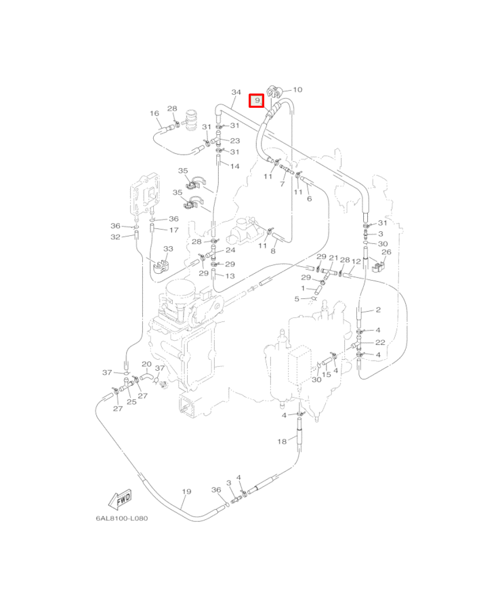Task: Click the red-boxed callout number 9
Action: pos(256,101)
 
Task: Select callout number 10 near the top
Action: pos(297,89)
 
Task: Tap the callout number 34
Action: pos(236,92)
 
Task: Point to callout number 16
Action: pos(154,113)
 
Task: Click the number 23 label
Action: pos(234,141)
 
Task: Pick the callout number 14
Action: pos(234,166)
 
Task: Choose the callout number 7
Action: pos(282,184)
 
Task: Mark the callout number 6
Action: pos(309,199)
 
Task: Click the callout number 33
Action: pos(168,249)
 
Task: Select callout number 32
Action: pos(116,237)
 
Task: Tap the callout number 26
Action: pos(386,252)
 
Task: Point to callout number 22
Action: pos(380,342)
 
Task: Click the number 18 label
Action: pos(282,441)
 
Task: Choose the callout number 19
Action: pos(186,491)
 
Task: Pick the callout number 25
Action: pos(131,402)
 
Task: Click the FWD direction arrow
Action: pos(122,501)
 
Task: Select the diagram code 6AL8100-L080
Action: pos(121,518)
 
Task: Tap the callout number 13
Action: pos(230,276)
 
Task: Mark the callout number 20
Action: pos(146,364)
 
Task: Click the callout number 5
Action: pos(296,298)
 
